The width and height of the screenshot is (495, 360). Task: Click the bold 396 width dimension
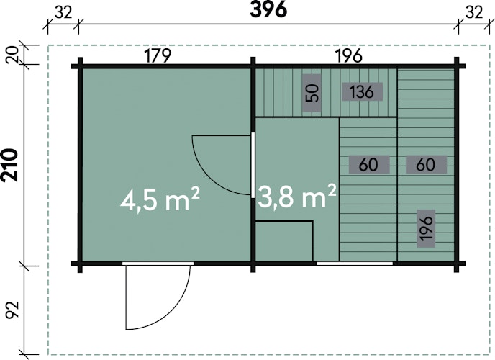click(268, 10)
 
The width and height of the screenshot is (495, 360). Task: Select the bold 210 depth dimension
click(9, 165)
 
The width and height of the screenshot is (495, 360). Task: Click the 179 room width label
click(158, 56)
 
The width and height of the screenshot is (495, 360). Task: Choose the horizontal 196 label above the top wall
click(348, 56)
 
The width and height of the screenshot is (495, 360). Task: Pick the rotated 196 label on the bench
click(426, 228)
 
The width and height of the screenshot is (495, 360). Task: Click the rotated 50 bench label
click(312, 93)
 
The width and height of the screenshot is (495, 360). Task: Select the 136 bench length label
click(362, 92)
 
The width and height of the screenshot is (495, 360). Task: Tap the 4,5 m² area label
click(160, 199)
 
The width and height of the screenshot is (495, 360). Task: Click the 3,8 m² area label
click(296, 197)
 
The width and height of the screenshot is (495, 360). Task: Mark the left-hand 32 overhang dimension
click(63, 13)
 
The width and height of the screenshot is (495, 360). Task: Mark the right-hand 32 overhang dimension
click(474, 13)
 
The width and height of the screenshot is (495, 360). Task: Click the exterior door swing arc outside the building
click(177, 311)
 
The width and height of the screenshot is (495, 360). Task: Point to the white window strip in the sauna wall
click(355, 263)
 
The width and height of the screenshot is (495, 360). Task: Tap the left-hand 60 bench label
click(368, 165)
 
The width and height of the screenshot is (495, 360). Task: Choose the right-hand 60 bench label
click(426, 165)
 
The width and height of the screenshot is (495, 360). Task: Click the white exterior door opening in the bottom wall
click(158, 264)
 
